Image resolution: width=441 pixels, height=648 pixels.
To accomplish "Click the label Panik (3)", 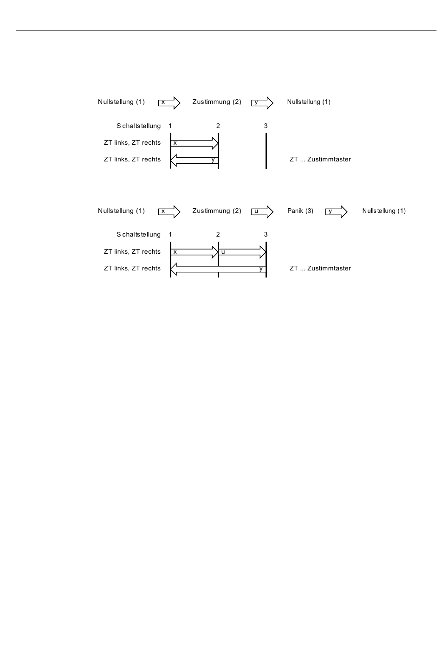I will [300, 211].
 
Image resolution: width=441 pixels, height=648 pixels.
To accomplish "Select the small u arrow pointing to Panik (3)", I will [263, 212].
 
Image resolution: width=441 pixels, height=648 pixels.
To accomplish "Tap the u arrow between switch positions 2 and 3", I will [242, 252].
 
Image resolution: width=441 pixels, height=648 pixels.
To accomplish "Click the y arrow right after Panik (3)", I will [337, 212].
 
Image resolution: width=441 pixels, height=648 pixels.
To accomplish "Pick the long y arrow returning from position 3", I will [218, 269].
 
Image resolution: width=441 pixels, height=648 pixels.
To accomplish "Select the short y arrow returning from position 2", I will [195, 160].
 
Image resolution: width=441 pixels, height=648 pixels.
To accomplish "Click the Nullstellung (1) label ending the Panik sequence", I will [384, 211].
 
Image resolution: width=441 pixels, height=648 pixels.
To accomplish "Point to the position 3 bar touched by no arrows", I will [266, 151].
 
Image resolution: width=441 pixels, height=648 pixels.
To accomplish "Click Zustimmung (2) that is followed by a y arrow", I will [217, 102].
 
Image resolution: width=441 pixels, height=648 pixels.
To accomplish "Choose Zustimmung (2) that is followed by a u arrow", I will [217, 211].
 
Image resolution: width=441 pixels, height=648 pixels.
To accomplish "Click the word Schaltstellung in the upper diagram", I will [138, 126].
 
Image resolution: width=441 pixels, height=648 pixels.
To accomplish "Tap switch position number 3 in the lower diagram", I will [266, 235].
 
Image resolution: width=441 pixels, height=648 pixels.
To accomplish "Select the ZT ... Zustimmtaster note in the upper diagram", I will [320, 160].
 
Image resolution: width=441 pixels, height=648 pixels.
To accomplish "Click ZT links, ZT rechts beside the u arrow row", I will [132, 252].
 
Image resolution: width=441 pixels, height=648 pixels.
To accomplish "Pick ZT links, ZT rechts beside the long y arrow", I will [132, 269].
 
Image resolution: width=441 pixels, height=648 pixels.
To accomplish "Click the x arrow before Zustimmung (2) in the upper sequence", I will [169, 103].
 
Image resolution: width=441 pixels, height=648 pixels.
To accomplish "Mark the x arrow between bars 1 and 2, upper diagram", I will [195, 143].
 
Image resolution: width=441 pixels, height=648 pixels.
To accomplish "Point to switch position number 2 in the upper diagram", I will [218, 126].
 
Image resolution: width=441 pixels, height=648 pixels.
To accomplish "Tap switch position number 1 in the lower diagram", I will [170, 235].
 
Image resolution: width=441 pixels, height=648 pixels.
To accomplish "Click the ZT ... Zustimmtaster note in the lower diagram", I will [320, 269].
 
